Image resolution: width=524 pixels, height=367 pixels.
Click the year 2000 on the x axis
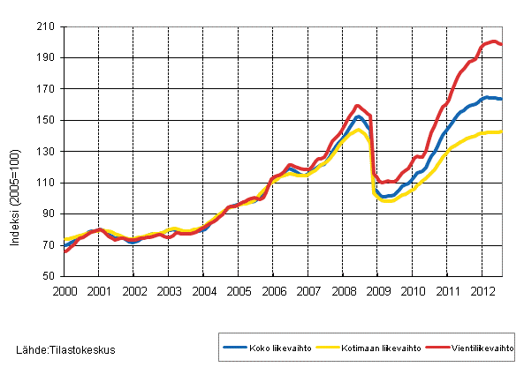(64, 290)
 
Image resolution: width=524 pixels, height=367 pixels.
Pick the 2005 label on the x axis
(238, 290)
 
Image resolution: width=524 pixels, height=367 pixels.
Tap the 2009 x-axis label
(377, 290)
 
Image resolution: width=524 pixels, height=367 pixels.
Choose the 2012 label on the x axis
(482, 290)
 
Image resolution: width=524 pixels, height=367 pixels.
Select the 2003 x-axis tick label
(168, 290)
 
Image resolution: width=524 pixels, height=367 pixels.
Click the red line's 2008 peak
(358, 106)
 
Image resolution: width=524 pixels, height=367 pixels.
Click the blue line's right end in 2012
(502, 99)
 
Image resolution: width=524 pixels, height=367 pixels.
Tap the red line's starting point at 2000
(65, 251)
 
